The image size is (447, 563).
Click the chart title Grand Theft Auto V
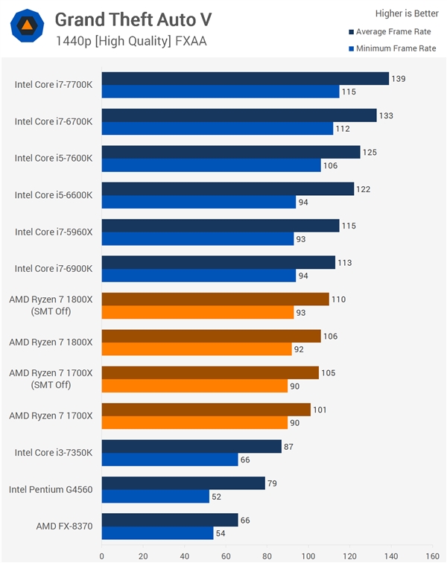133,19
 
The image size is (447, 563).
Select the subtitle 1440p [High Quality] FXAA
130,41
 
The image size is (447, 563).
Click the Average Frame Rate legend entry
393,32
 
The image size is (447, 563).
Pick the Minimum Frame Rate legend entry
393,48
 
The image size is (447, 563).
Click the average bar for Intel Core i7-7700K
245,79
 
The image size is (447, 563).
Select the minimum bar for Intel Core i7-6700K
217,129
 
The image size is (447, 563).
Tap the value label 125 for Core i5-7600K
370,153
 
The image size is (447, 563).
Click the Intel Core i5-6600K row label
54,195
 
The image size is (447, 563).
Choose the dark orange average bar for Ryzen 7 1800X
211,336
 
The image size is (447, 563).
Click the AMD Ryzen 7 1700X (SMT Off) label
51,378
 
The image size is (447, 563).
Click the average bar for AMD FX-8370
170,520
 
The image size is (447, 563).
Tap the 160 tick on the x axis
431,555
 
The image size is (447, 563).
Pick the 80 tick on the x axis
267,555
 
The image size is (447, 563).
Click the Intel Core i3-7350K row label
54,452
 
